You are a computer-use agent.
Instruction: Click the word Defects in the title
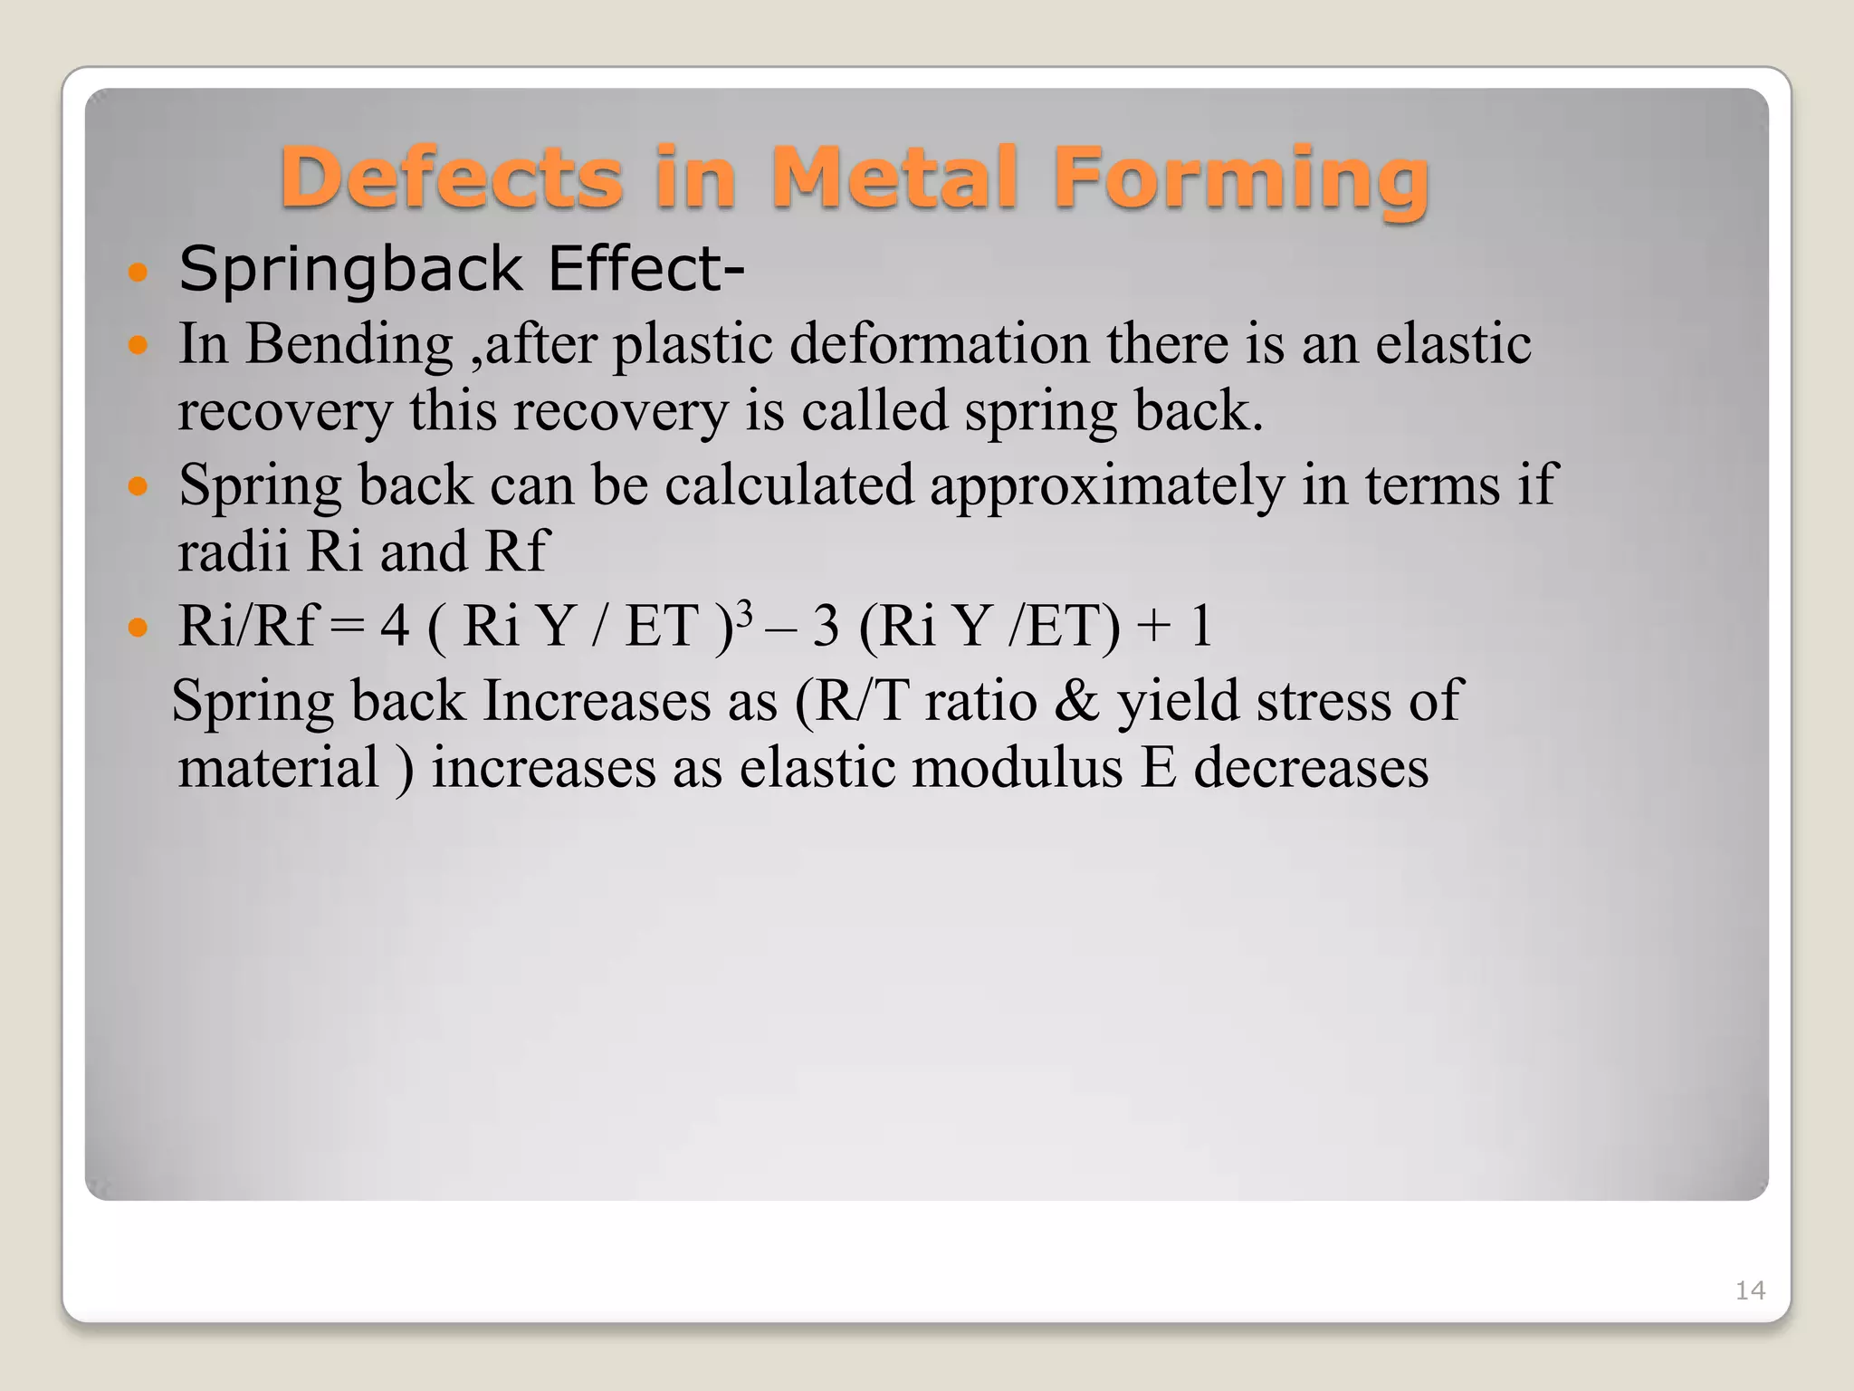[451, 177]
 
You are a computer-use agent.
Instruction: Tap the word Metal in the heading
[895, 177]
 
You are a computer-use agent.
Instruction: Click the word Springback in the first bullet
[350, 270]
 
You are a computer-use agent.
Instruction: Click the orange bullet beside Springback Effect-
[138, 272]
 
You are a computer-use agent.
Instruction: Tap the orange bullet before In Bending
[138, 346]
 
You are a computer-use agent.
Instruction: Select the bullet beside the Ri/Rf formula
[138, 627]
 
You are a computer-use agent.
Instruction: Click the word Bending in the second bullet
[349, 346]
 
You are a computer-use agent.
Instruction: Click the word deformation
[940, 344]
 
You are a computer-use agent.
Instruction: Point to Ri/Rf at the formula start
[246, 625]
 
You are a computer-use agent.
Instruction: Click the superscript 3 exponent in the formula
[744, 614]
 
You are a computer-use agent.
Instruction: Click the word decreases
[1311, 768]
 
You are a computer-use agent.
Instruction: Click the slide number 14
[1750, 1290]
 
